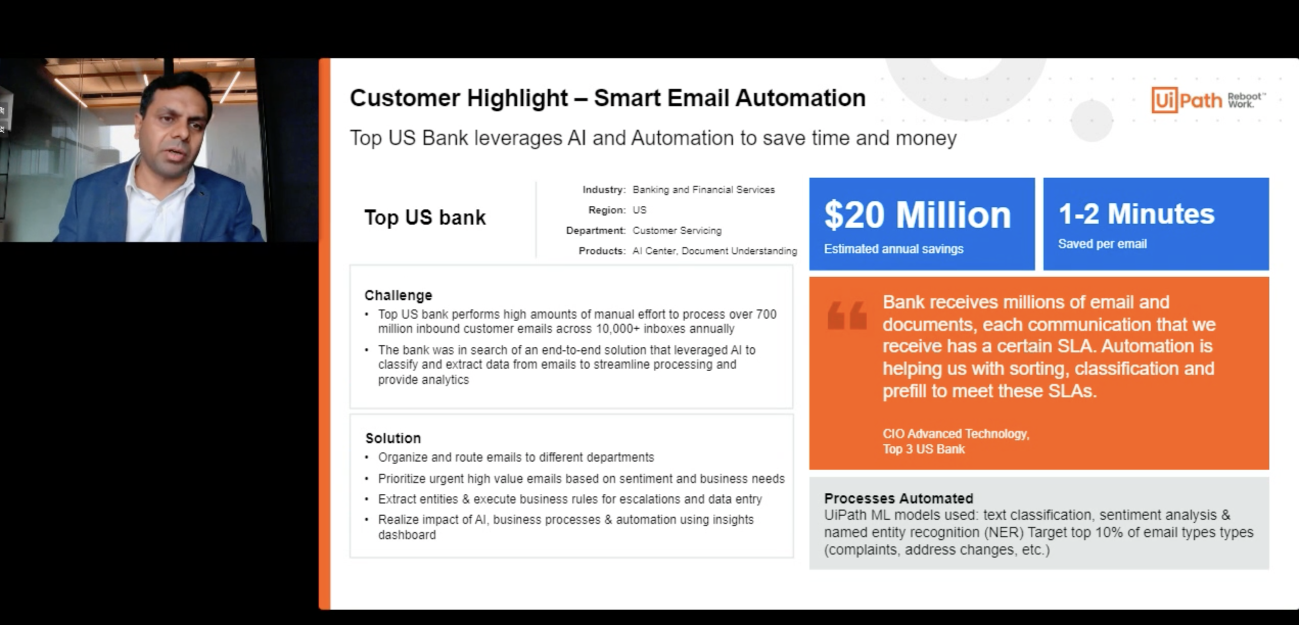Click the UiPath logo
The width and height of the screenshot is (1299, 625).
pos(1208,100)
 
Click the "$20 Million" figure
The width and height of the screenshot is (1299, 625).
pos(917,214)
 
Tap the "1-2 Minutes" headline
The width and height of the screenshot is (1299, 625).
pos(1136,213)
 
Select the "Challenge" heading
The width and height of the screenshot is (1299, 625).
pos(398,295)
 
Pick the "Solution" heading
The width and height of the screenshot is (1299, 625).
pos(393,438)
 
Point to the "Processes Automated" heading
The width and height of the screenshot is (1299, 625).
pos(898,498)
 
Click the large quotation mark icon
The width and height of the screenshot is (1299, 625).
pos(847,315)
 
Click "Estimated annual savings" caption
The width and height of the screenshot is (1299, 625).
pos(893,249)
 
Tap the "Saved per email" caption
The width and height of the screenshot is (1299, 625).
pos(1102,244)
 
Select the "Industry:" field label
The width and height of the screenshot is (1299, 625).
pos(604,189)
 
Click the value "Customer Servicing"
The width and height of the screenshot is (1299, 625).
pos(677,230)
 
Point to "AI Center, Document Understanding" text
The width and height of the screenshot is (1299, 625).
pos(714,251)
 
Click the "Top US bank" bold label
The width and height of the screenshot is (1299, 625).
pos(425,217)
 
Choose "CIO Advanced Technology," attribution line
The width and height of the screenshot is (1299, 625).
pos(956,434)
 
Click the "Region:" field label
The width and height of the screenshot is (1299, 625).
pos(607,210)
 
